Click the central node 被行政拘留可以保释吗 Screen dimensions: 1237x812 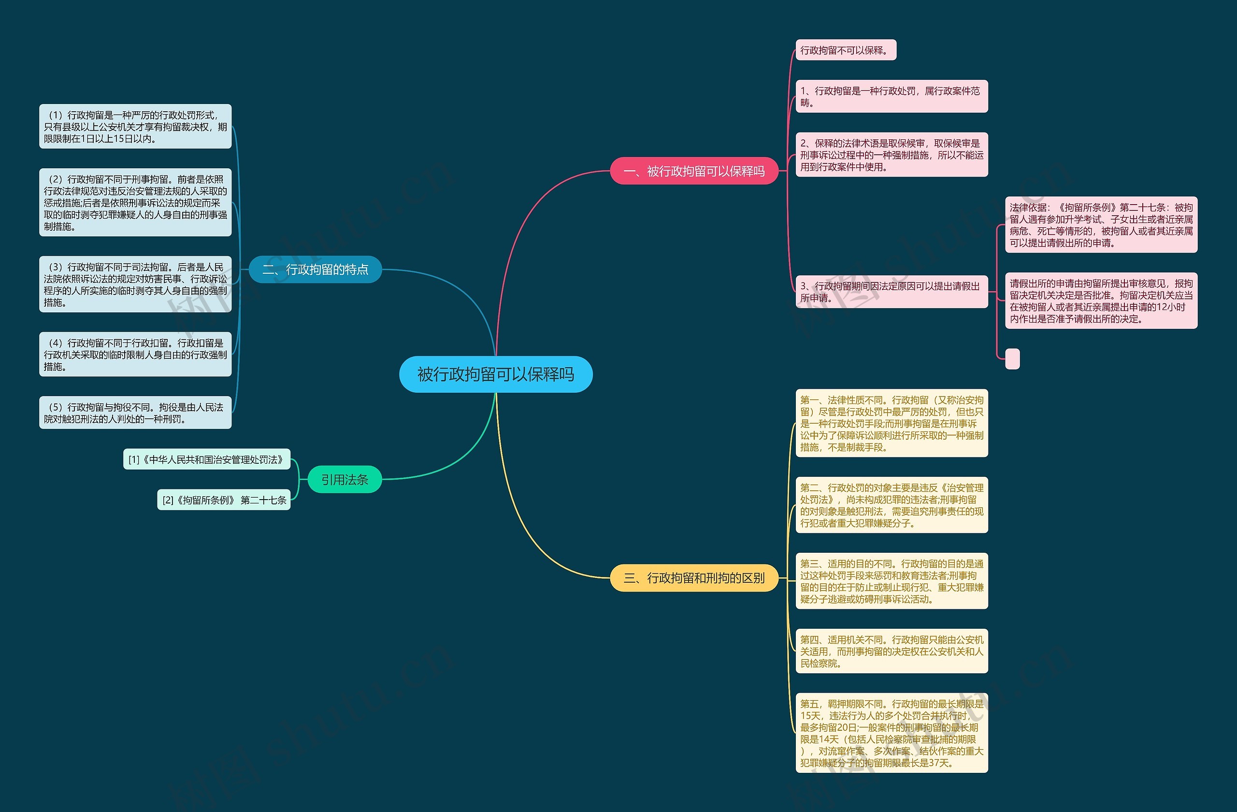coord(495,374)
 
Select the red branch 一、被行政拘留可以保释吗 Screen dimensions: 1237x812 coord(693,171)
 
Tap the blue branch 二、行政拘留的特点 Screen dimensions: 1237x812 coord(315,269)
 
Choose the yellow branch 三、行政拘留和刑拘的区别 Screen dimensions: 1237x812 coord(693,577)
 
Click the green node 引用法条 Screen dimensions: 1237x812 coord(345,479)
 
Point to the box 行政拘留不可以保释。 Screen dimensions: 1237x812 coord(846,50)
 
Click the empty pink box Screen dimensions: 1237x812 coord(1012,358)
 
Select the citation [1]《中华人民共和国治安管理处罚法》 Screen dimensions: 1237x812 coord(206,459)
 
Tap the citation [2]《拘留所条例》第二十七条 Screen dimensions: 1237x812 coord(224,500)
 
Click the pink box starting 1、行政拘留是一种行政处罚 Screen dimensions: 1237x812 coord(892,96)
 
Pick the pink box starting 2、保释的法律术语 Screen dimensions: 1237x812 coord(892,154)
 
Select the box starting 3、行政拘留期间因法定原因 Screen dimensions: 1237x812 coord(892,291)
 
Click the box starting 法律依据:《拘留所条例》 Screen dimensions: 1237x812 coord(1101,225)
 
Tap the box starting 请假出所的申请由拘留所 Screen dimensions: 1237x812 coord(1101,301)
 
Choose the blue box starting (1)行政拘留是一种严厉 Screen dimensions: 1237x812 coord(135,126)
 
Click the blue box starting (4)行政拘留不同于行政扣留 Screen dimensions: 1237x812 coord(135,354)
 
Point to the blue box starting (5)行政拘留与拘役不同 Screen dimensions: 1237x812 coord(135,413)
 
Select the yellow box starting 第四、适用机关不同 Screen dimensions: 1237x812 coord(892,651)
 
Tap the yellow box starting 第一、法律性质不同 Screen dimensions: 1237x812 coord(892,423)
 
